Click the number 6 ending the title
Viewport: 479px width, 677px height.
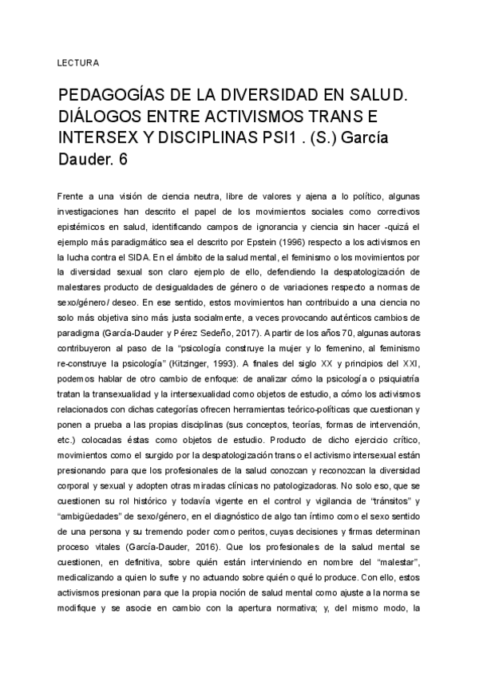[122, 160]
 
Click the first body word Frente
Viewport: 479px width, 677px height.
[72, 196]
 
